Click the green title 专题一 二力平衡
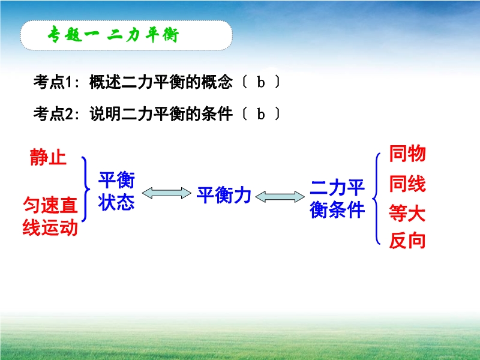point(113,34)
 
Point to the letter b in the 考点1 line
point(261,82)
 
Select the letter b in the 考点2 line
point(261,114)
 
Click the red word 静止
point(48,157)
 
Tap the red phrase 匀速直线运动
point(50,216)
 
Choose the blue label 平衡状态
point(116,191)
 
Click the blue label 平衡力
point(224,195)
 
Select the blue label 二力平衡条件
point(337,199)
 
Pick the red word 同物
point(407,154)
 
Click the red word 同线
point(407,184)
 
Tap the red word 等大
point(407,213)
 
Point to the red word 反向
point(407,241)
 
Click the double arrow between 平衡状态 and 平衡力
point(167,193)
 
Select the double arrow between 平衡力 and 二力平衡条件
point(280,197)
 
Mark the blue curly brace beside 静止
point(87,189)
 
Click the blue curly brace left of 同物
point(374,199)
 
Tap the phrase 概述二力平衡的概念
point(161,82)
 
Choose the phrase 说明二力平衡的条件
point(161,114)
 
